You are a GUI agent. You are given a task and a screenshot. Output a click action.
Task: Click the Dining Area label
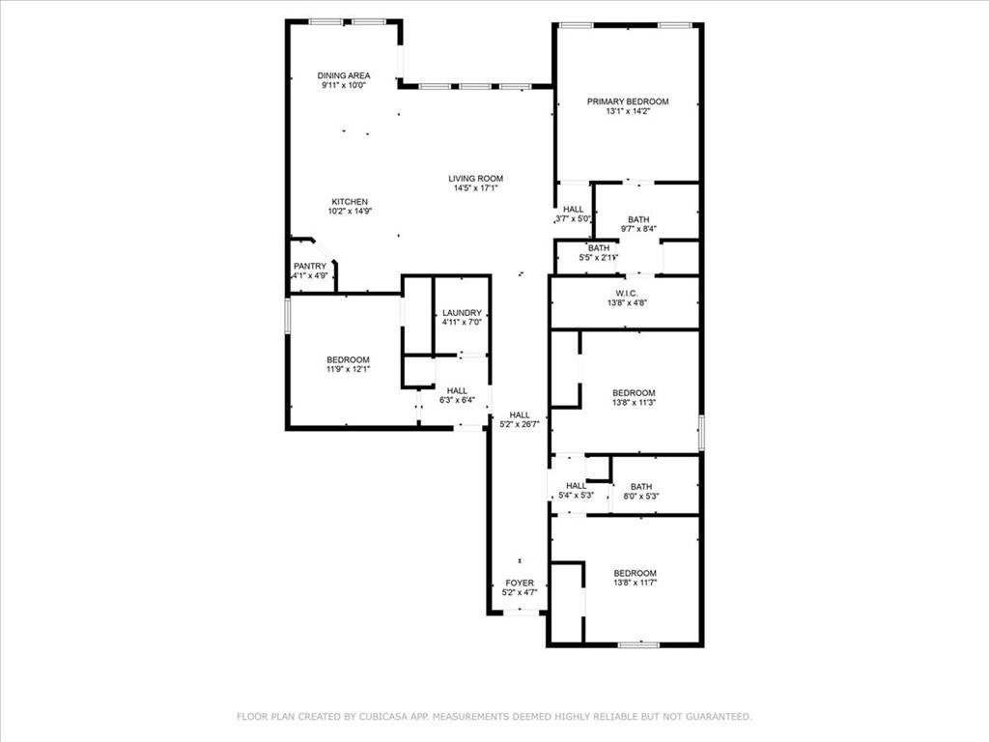coord(344,75)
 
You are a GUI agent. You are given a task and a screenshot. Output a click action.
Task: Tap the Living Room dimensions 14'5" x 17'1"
coord(475,188)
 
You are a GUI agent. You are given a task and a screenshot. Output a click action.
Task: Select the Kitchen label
coord(350,202)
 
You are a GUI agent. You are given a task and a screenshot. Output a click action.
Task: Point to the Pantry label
coord(310,267)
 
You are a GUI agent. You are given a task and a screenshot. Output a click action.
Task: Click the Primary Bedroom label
coord(628,101)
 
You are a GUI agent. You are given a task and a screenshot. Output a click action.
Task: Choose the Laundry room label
coord(462,313)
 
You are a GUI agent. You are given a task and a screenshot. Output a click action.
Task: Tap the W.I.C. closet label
coord(627,294)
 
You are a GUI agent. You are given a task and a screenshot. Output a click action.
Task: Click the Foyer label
coord(520,583)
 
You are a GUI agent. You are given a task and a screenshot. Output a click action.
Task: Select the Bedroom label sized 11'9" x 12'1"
coord(348,360)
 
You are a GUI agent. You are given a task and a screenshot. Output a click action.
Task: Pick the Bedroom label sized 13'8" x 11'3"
coord(634,393)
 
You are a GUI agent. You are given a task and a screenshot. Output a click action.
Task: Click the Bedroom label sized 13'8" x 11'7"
coord(636,574)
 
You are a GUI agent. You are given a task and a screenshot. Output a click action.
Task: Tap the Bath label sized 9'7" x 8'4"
coord(638,219)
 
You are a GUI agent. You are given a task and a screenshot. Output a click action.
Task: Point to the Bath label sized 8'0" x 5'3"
coord(641,487)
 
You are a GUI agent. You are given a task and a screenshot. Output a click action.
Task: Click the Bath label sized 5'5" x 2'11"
coord(599,248)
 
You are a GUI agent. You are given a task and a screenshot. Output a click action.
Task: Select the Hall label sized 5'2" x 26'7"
coord(520,415)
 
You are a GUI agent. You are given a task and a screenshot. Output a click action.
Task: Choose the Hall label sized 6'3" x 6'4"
coord(457,391)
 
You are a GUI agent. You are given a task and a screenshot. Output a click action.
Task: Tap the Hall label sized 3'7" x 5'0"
coord(574,210)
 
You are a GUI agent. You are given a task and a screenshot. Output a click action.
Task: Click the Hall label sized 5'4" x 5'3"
coord(576,486)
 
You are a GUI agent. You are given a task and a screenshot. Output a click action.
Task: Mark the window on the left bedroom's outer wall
coord(287,316)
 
